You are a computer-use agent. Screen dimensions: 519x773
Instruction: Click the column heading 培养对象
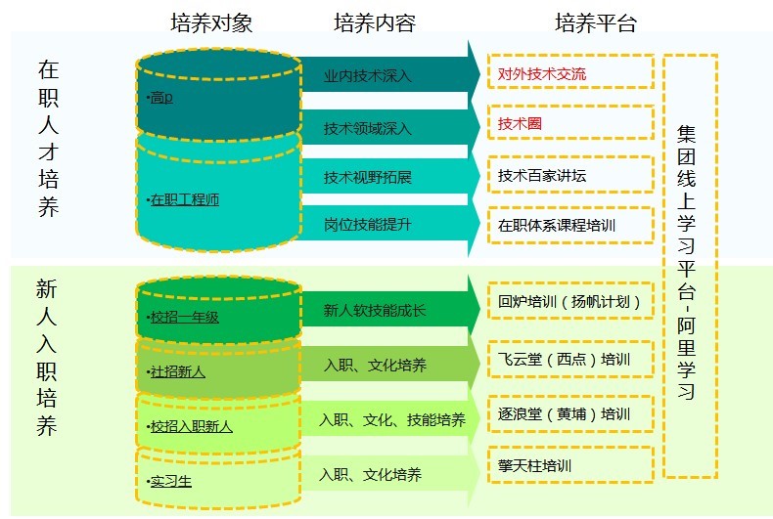point(210,23)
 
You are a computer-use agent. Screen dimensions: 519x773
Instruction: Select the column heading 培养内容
point(375,23)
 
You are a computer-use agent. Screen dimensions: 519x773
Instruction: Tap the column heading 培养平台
point(595,23)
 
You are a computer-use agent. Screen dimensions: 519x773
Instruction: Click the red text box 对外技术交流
point(570,73)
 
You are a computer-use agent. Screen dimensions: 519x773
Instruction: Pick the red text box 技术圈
point(570,123)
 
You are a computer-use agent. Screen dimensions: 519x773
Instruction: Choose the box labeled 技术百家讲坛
point(570,175)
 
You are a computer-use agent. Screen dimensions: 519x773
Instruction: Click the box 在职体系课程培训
point(570,226)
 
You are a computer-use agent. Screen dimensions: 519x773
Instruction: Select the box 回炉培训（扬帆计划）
point(570,300)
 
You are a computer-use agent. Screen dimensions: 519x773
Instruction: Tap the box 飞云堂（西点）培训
point(570,359)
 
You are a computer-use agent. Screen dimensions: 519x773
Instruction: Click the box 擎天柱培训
point(570,465)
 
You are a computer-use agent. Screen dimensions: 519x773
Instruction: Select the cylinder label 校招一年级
point(184,317)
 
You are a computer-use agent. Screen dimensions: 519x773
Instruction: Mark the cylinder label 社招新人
point(177,371)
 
